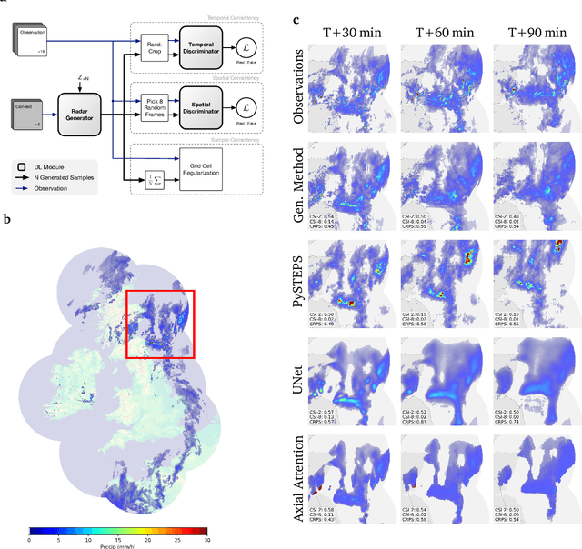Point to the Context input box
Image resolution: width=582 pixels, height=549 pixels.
26,110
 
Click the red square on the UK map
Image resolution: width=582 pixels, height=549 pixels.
160,324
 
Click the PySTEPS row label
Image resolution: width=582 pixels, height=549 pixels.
299,278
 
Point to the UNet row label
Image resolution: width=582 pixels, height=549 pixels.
299,374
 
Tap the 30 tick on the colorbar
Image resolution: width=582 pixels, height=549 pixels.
207,538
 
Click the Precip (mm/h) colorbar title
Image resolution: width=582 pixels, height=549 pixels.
117,545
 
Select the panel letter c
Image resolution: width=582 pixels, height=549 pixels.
297,17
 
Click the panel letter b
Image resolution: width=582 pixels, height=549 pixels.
8,218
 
